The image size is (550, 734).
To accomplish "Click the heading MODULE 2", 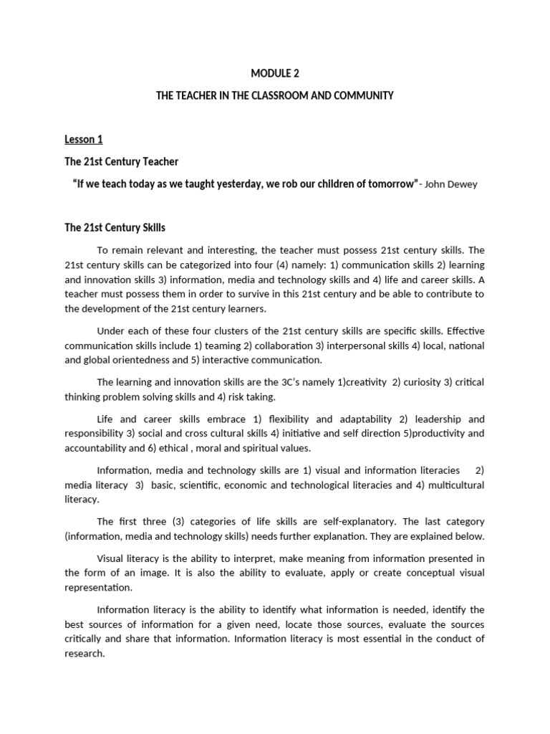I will tap(274, 73).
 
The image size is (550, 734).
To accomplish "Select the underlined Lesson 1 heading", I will tap(84, 139).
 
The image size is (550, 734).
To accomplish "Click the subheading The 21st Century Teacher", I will tap(121, 161).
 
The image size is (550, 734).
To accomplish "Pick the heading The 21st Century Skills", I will tap(115, 228).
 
